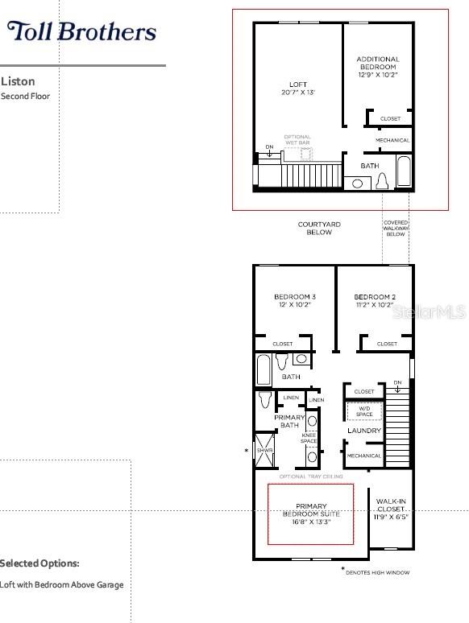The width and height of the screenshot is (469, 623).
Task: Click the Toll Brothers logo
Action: [x=81, y=31]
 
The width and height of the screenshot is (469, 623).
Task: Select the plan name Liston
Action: [x=18, y=81]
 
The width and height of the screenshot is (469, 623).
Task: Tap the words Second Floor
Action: [x=25, y=97]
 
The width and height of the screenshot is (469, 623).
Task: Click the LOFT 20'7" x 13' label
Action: [x=298, y=89]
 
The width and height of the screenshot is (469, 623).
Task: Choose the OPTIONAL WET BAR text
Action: [x=297, y=140]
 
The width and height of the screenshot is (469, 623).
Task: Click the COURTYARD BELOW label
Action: [x=319, y=229]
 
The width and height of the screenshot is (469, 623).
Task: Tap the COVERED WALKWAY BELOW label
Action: [x=395, y=229]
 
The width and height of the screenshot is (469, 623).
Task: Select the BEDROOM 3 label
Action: [x=295, y=301]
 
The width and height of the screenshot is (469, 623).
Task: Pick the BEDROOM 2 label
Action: [x=375, y=301]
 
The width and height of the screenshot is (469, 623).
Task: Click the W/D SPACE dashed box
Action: [x=364, y=411]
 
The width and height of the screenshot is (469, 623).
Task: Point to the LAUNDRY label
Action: [x=364, y=431]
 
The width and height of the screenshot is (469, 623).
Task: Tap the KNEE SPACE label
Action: [x=309, y=439]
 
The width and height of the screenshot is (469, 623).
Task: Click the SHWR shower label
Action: [x=263, y=451]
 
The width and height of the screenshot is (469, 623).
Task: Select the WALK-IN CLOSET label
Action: [x=392, y=509]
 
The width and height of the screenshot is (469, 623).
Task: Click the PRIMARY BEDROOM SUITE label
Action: [x=311, y=513]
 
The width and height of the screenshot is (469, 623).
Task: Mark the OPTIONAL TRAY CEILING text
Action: [x=311, y=477]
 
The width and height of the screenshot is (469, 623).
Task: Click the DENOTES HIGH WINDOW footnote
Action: [x=377, y=572]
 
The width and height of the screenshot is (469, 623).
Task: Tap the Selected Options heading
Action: [x=39, y=563]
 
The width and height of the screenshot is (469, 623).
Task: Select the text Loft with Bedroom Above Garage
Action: [x=62, y=585]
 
